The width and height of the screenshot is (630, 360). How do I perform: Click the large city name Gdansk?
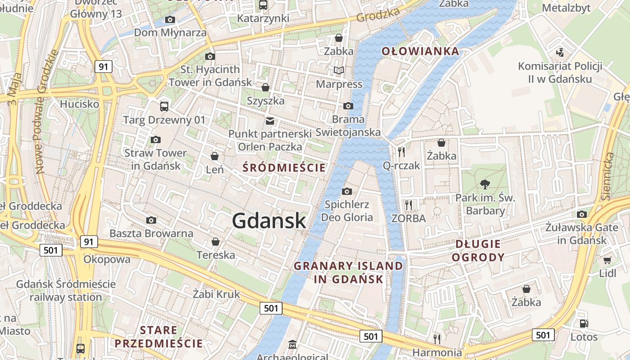pyautogui.click(x=269, y=221)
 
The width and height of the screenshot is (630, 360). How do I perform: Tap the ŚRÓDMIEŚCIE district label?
pyautogui.click(x=283, y=168)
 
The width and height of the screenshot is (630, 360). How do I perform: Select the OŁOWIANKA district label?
pyautogui.click(x=420, y=51)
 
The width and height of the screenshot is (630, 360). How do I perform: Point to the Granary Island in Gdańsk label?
pyautogui.click(x=349, y=272)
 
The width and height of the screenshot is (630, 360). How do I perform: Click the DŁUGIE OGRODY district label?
pyautogui.click(x=478, y=251)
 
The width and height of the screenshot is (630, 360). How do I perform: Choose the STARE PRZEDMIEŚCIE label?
pyautogui.click(x=158, y=337)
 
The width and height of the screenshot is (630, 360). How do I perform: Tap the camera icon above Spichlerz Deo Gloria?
pyautogui.click(x=346, y=191)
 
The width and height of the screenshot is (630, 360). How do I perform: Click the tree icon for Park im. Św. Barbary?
pyautogui.click(x=485, y=184)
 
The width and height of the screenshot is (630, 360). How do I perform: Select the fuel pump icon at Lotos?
pyautogui.click(x=584, y=323)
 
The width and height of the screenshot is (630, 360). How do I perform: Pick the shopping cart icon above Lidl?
pyautogui.click(x=607, y=260)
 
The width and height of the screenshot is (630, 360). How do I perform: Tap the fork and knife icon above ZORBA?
pyautogui.click(x=408, y=205)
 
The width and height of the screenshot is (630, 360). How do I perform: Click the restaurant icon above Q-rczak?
pyautogui.click(x=401, y=152)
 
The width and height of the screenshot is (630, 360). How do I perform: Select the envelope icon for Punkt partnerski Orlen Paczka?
pyautogui.click(x=270, y=121)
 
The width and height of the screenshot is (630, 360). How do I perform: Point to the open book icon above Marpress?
pyautogui.click(x=338, y=70)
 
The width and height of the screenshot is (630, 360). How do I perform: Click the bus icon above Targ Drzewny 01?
pyautogui.click(x=164, y=106)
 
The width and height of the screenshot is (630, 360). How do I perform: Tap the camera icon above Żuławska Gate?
pyautogui.click(x=582, y=214)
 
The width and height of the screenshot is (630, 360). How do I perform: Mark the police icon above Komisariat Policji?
pyautogui.click(x=560, y=53)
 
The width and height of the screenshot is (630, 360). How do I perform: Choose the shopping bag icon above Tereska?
pyautogui.click(x=216, y=242)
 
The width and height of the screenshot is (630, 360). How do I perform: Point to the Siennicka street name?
pyautogui.click(x=608, y=176)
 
